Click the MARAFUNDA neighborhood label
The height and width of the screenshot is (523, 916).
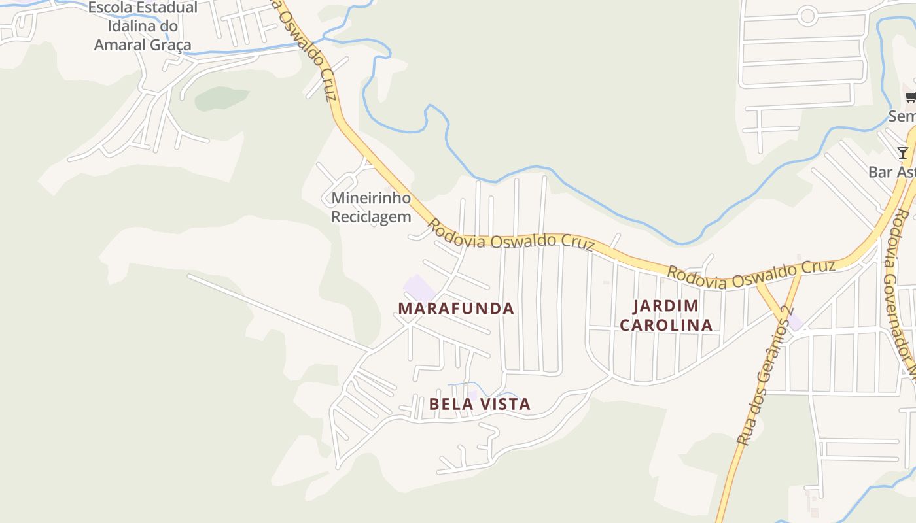[x=456, y=309]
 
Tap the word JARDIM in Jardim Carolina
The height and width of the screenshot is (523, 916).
[x=666, y=306]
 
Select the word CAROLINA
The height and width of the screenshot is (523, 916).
[x=666, y=325]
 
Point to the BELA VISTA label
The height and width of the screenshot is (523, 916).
[x=480, y=405]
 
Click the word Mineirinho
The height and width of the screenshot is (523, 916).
[x=371, y=198]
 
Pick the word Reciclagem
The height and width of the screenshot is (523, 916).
[x=371, y=216]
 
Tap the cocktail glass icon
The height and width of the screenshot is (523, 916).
[x=903, y=153]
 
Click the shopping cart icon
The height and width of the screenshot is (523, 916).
[x=910, y=98]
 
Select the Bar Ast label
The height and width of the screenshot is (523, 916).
[x=891, y=172]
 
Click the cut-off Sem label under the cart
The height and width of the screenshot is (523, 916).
[x=902, y=116]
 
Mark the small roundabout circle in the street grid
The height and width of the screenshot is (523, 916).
[x=807, y=14]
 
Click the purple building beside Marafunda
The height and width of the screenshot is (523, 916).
[x=419, y=288]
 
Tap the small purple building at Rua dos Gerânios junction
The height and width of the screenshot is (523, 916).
[x=795, y=322]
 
